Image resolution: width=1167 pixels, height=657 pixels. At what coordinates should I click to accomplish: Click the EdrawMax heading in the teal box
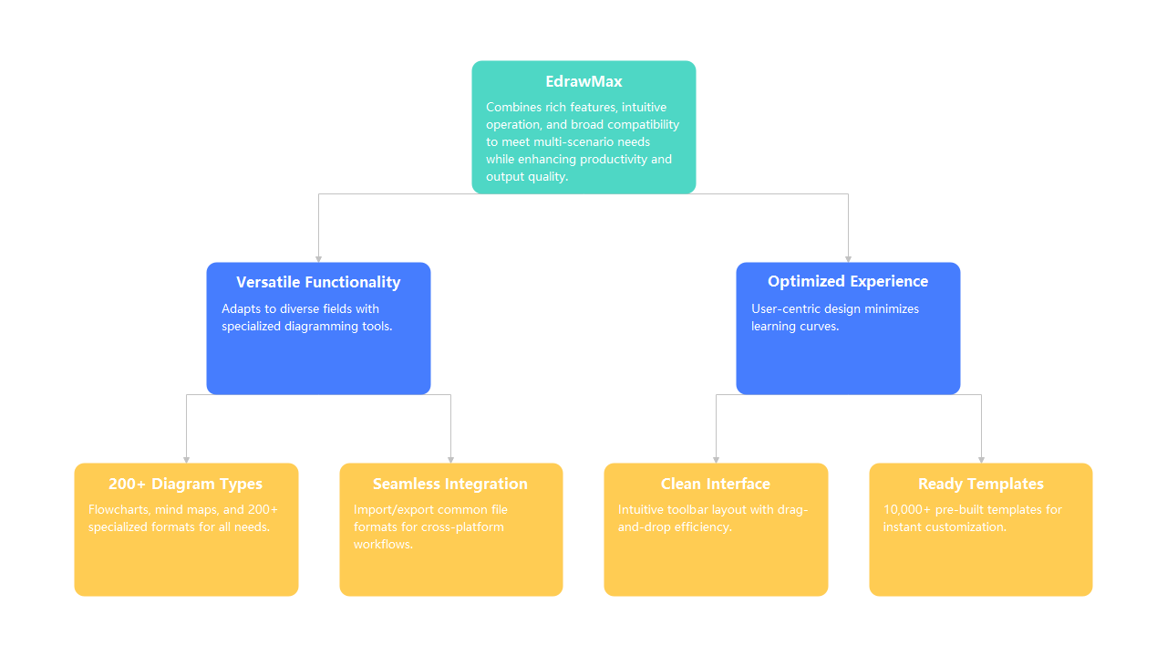tap(583, 82)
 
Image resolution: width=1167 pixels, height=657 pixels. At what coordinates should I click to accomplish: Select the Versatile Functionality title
tap(318, 282)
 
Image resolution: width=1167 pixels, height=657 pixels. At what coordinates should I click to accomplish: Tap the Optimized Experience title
tap(848, 281)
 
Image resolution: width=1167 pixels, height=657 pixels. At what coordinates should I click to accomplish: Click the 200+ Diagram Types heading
tap(185, 484)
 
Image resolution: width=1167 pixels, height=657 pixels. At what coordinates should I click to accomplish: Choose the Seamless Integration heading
tap(450, 484)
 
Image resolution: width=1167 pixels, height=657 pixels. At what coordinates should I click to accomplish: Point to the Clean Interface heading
tap(716, 484)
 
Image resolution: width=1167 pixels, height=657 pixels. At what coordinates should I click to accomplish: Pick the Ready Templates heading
tap(981, 484)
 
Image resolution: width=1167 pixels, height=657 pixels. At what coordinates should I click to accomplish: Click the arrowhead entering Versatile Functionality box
tap(318, 258)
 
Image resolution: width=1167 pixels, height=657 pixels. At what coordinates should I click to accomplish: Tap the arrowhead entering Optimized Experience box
tap(848, 258)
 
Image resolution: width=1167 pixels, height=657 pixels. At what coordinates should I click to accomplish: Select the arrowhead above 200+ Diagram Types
tap(186, 459)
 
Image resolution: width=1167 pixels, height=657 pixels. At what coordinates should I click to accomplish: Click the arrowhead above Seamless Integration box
tap(450, 459)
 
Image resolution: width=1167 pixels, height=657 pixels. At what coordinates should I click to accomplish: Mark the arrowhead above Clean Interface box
tap(716, 459)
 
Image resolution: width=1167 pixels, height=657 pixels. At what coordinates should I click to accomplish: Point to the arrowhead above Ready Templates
tap(981, 459)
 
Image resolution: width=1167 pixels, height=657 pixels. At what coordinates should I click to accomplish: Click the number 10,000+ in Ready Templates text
tap(904, 509)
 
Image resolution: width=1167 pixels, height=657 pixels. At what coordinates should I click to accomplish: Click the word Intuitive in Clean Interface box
tap(642, 509)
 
